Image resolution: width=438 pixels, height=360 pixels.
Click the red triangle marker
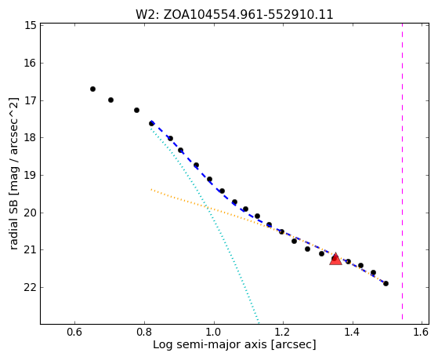pos(335,260)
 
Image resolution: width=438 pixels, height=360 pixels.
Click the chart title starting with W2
pos(234,14)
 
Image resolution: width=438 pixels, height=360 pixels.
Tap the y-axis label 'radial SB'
pos(13,173)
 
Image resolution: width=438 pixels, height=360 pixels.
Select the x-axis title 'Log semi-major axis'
pos(234,344)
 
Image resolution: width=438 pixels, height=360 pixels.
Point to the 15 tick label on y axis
pos(30,25)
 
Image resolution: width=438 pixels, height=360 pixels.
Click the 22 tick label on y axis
pos(30,287)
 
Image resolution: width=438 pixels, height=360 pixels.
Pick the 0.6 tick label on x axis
pos(74,332)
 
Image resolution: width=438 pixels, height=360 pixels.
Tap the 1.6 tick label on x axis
pos(422,332)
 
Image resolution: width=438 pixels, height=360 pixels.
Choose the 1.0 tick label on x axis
pos(214,332)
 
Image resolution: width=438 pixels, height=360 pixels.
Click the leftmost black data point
pos(92,89)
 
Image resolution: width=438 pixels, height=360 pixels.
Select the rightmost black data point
pos(386,284)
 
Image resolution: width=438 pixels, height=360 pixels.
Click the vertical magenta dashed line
pos(402,172)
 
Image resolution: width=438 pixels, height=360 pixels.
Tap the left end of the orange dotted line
pos(151,189)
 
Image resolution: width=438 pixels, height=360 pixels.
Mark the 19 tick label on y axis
pos(30,175)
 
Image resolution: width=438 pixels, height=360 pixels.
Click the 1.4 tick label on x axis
pos(353,332)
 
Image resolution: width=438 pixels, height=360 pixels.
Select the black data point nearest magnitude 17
pos(110,100)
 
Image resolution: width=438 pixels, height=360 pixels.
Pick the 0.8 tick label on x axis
pos(144,332)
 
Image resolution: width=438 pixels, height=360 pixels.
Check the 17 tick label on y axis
pos(30,100)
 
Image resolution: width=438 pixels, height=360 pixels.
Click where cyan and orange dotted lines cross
pos(207,206)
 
